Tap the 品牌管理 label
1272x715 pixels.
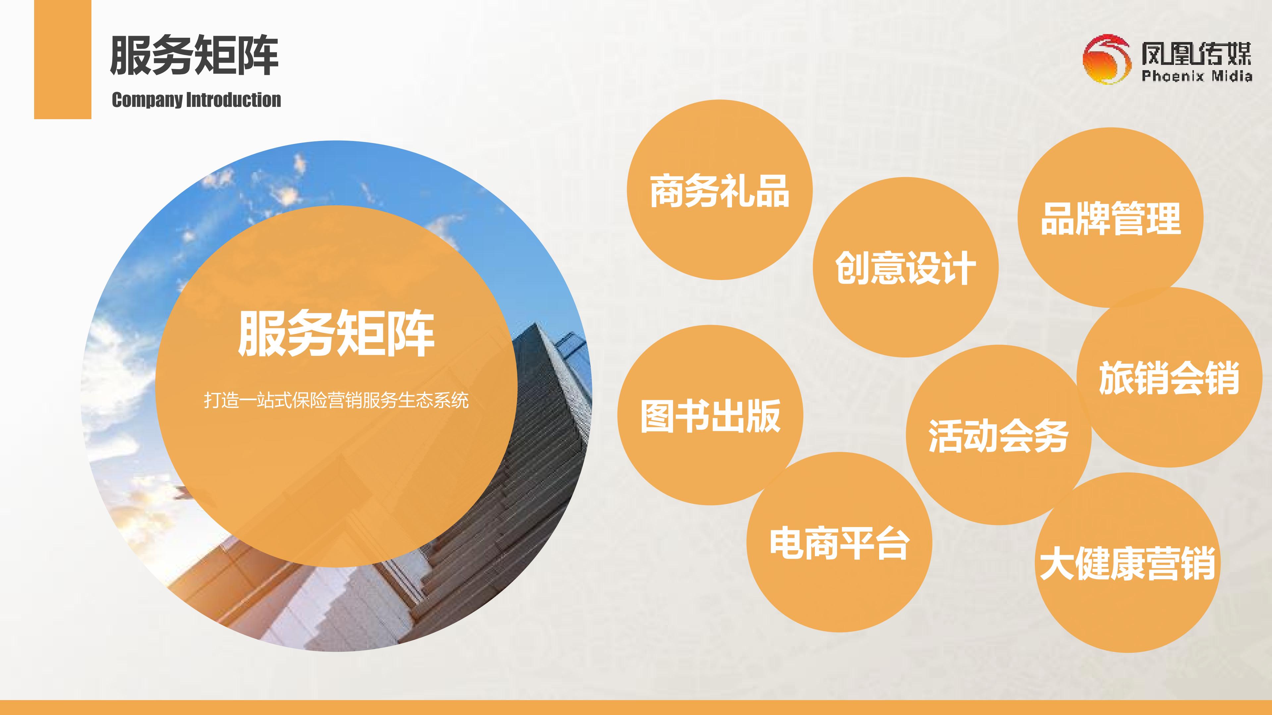click(x=1111, y=218)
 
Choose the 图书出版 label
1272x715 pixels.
click(x=711, y=416)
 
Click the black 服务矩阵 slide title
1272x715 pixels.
click(x=194, y=55)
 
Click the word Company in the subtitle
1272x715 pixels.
click(x=147, y=101)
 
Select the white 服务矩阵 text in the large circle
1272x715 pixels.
click(x=336, y=334)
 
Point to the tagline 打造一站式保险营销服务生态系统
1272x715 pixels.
click(x=336, y=400)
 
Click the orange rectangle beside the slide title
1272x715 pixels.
click(x=63, y=59)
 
